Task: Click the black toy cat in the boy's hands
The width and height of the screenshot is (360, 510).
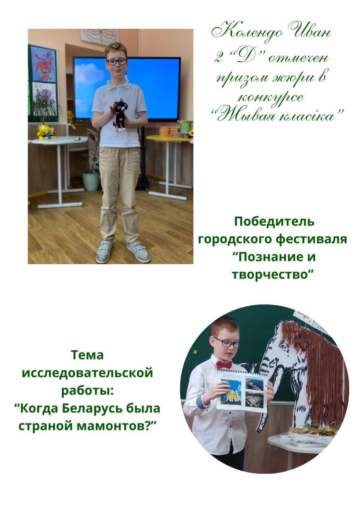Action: click(119, 115)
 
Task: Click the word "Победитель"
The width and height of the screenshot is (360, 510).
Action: click(274, 222)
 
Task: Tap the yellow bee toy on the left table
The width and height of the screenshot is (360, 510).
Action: click(43, 131)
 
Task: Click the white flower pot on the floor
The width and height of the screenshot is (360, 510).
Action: click(91, 181)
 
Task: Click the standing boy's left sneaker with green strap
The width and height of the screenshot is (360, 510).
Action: click(138, 251)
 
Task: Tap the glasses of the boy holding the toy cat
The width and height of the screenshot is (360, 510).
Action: click(117, 61)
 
